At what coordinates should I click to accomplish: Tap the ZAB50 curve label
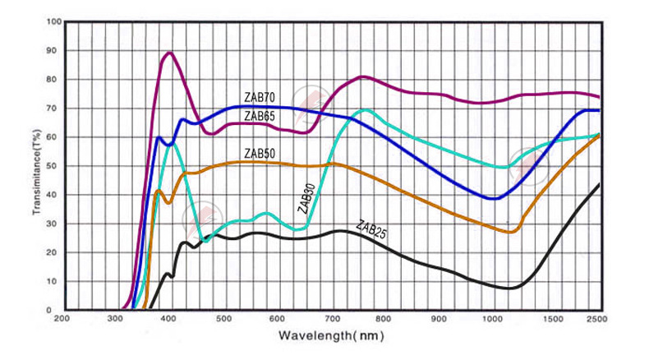259,154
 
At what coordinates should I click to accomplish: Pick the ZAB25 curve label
371,229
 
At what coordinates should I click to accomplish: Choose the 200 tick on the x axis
61,318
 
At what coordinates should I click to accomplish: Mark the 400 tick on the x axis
168,318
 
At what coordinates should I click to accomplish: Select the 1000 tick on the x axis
492,318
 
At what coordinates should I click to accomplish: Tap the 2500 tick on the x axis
597,318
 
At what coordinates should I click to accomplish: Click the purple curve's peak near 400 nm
169,53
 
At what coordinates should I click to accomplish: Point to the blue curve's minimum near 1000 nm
493,199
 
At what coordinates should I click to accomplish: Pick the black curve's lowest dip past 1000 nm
511,288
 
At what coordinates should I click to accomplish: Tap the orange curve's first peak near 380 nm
158,191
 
